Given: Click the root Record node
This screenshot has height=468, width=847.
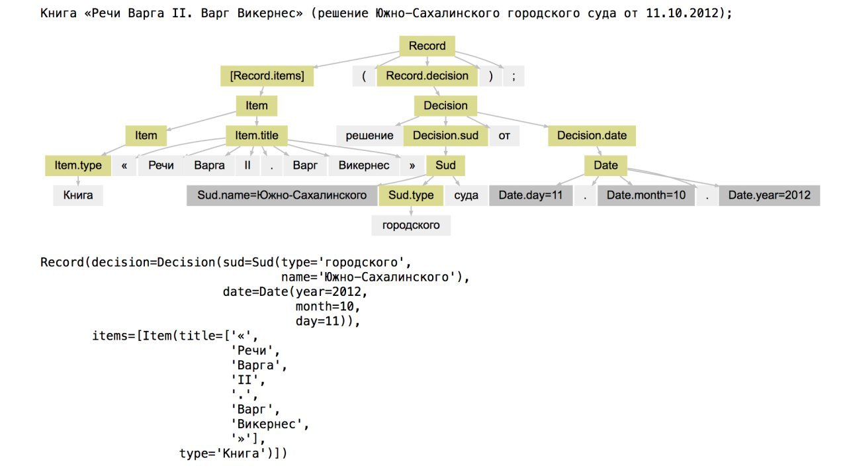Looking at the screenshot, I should [x=427, y=46].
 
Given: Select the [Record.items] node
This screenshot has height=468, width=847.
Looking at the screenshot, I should [x=267, y=75].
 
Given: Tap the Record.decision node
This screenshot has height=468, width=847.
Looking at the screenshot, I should [x=427, y=75].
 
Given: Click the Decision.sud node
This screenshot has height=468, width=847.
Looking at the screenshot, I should [x=445, y=136].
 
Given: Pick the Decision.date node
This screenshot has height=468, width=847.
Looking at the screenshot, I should [x=592, y=136].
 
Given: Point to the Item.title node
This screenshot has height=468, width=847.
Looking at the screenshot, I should [x=257, y=136].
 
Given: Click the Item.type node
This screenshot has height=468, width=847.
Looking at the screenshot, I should [x=78, y=165].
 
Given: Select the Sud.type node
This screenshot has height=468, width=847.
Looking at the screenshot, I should [x=411, y=195].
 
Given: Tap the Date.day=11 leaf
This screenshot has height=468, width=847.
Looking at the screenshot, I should [x=531, y=195].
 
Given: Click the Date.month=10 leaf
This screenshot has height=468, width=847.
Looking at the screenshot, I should [x=646, y=195].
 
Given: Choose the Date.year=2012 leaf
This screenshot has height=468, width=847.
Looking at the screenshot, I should [x=769, y=195].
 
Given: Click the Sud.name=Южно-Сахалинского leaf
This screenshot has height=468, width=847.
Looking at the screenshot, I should [x=282, y=195].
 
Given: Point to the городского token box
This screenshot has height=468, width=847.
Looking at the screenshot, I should [x=411, y=225].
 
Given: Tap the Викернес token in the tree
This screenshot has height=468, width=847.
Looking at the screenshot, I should [x=364, y=165].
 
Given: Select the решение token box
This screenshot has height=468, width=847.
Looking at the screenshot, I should [x=369, y=136].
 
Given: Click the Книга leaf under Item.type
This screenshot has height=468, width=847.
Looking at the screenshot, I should [x=78, y=195].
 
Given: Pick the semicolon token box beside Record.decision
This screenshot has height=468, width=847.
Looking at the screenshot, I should [x=513, y=75].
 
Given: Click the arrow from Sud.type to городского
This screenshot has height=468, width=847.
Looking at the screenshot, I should [x=411, y=211].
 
